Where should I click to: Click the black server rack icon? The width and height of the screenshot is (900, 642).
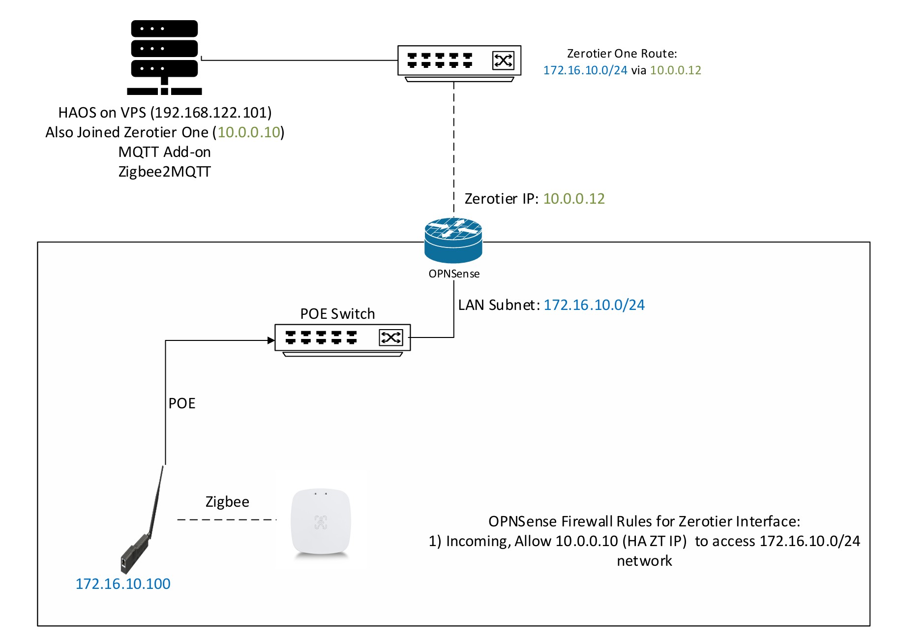tap(164, 57)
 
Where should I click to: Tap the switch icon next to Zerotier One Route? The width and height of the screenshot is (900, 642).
tap(459, 62)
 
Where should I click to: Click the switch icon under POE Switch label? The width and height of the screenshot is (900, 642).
tap(342, 339)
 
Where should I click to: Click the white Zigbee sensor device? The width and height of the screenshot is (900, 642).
tap(321, 522)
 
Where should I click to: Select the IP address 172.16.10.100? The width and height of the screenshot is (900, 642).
tap(123, 584)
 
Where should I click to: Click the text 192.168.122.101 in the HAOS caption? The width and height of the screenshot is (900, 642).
tap(211, 113)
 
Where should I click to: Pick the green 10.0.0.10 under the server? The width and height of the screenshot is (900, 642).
tap(249, 132)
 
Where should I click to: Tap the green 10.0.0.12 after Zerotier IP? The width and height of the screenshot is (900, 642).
tap(573, 199)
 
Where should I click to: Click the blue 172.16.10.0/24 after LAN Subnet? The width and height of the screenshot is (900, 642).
tap(594, 305)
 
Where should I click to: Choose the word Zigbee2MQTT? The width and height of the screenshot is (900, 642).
tap(165, 172)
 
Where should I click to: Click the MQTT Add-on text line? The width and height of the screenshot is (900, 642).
tap(165, 152)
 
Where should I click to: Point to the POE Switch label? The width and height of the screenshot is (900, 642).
tap(337, 314)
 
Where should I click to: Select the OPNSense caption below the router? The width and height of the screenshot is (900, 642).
tap(454, 274)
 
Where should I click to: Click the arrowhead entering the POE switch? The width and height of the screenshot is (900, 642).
tap(270, 340)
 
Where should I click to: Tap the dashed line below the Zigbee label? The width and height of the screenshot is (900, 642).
tap(227, 520)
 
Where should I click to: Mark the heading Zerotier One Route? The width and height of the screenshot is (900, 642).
tap(622, 54)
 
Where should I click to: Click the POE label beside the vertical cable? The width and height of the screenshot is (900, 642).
tap(182, 403)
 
